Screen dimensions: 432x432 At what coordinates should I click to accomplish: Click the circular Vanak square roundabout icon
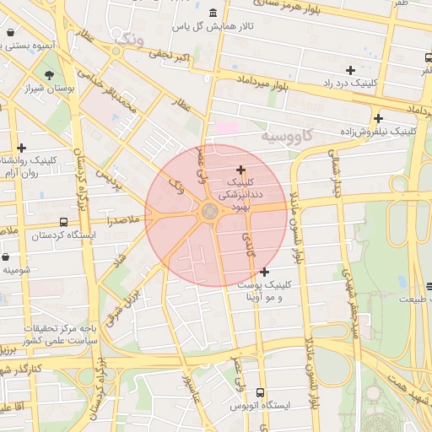point(208,212)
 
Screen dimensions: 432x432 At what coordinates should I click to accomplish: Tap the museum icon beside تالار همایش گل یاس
point(211,13)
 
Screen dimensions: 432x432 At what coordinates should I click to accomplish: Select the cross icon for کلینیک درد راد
point(350,69)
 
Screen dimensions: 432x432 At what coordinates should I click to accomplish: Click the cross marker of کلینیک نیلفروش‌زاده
point(378,119)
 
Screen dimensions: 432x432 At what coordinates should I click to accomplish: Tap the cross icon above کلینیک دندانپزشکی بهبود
point(241,170)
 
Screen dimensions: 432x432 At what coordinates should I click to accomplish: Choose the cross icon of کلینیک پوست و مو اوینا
point(265,272)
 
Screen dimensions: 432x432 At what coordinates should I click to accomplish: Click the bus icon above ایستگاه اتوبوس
point(260,392)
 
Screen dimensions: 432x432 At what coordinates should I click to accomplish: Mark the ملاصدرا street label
point(123,219)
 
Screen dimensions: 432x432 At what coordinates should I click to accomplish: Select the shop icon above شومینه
point(7,256)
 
